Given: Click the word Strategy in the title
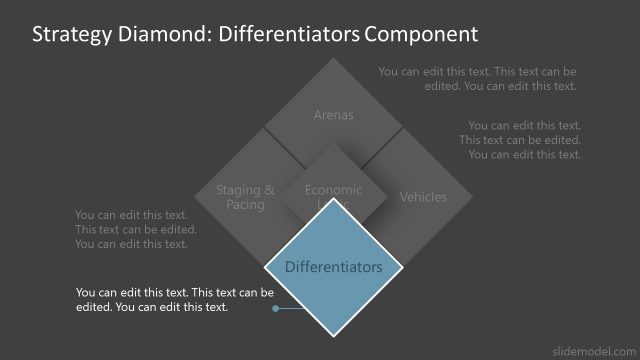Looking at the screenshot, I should pyautogui.click(x=71, y=35).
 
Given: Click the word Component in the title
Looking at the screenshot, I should pyautogui.click(x=421, y=35).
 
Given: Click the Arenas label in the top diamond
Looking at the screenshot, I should pyautogui.click(x=334, y=115).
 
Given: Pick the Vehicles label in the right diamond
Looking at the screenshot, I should pyautogui.click(x=423, y=197).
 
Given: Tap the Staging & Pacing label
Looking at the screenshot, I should pyautogui.click(x=245, y=197).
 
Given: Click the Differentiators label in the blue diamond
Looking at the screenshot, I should pyautogui.click(x=334, y=267).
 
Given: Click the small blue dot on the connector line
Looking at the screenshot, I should pyautogui.click(x=274, y=308).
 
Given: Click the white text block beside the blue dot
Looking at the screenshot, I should pyautogui.click(x=174, y=300).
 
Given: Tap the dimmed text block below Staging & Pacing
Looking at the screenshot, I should pyautogui.click(x=136, y=229).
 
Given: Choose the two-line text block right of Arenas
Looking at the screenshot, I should pyautogui.click(x=477, y=79).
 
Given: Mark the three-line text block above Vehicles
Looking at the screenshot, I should pyautogui.click(x=521, y=140).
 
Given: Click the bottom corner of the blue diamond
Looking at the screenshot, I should pyautogui.click(x=334, y=336).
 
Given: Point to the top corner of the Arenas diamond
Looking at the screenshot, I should pyautogui.click(x=334, y=59).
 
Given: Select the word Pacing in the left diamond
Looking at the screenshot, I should pyautogui.click(x=245, y=205).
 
